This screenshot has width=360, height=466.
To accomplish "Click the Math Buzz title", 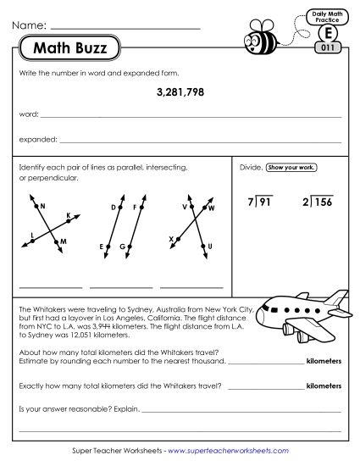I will (x=69, y=48).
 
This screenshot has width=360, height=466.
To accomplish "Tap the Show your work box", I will (x=291, y=168).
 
